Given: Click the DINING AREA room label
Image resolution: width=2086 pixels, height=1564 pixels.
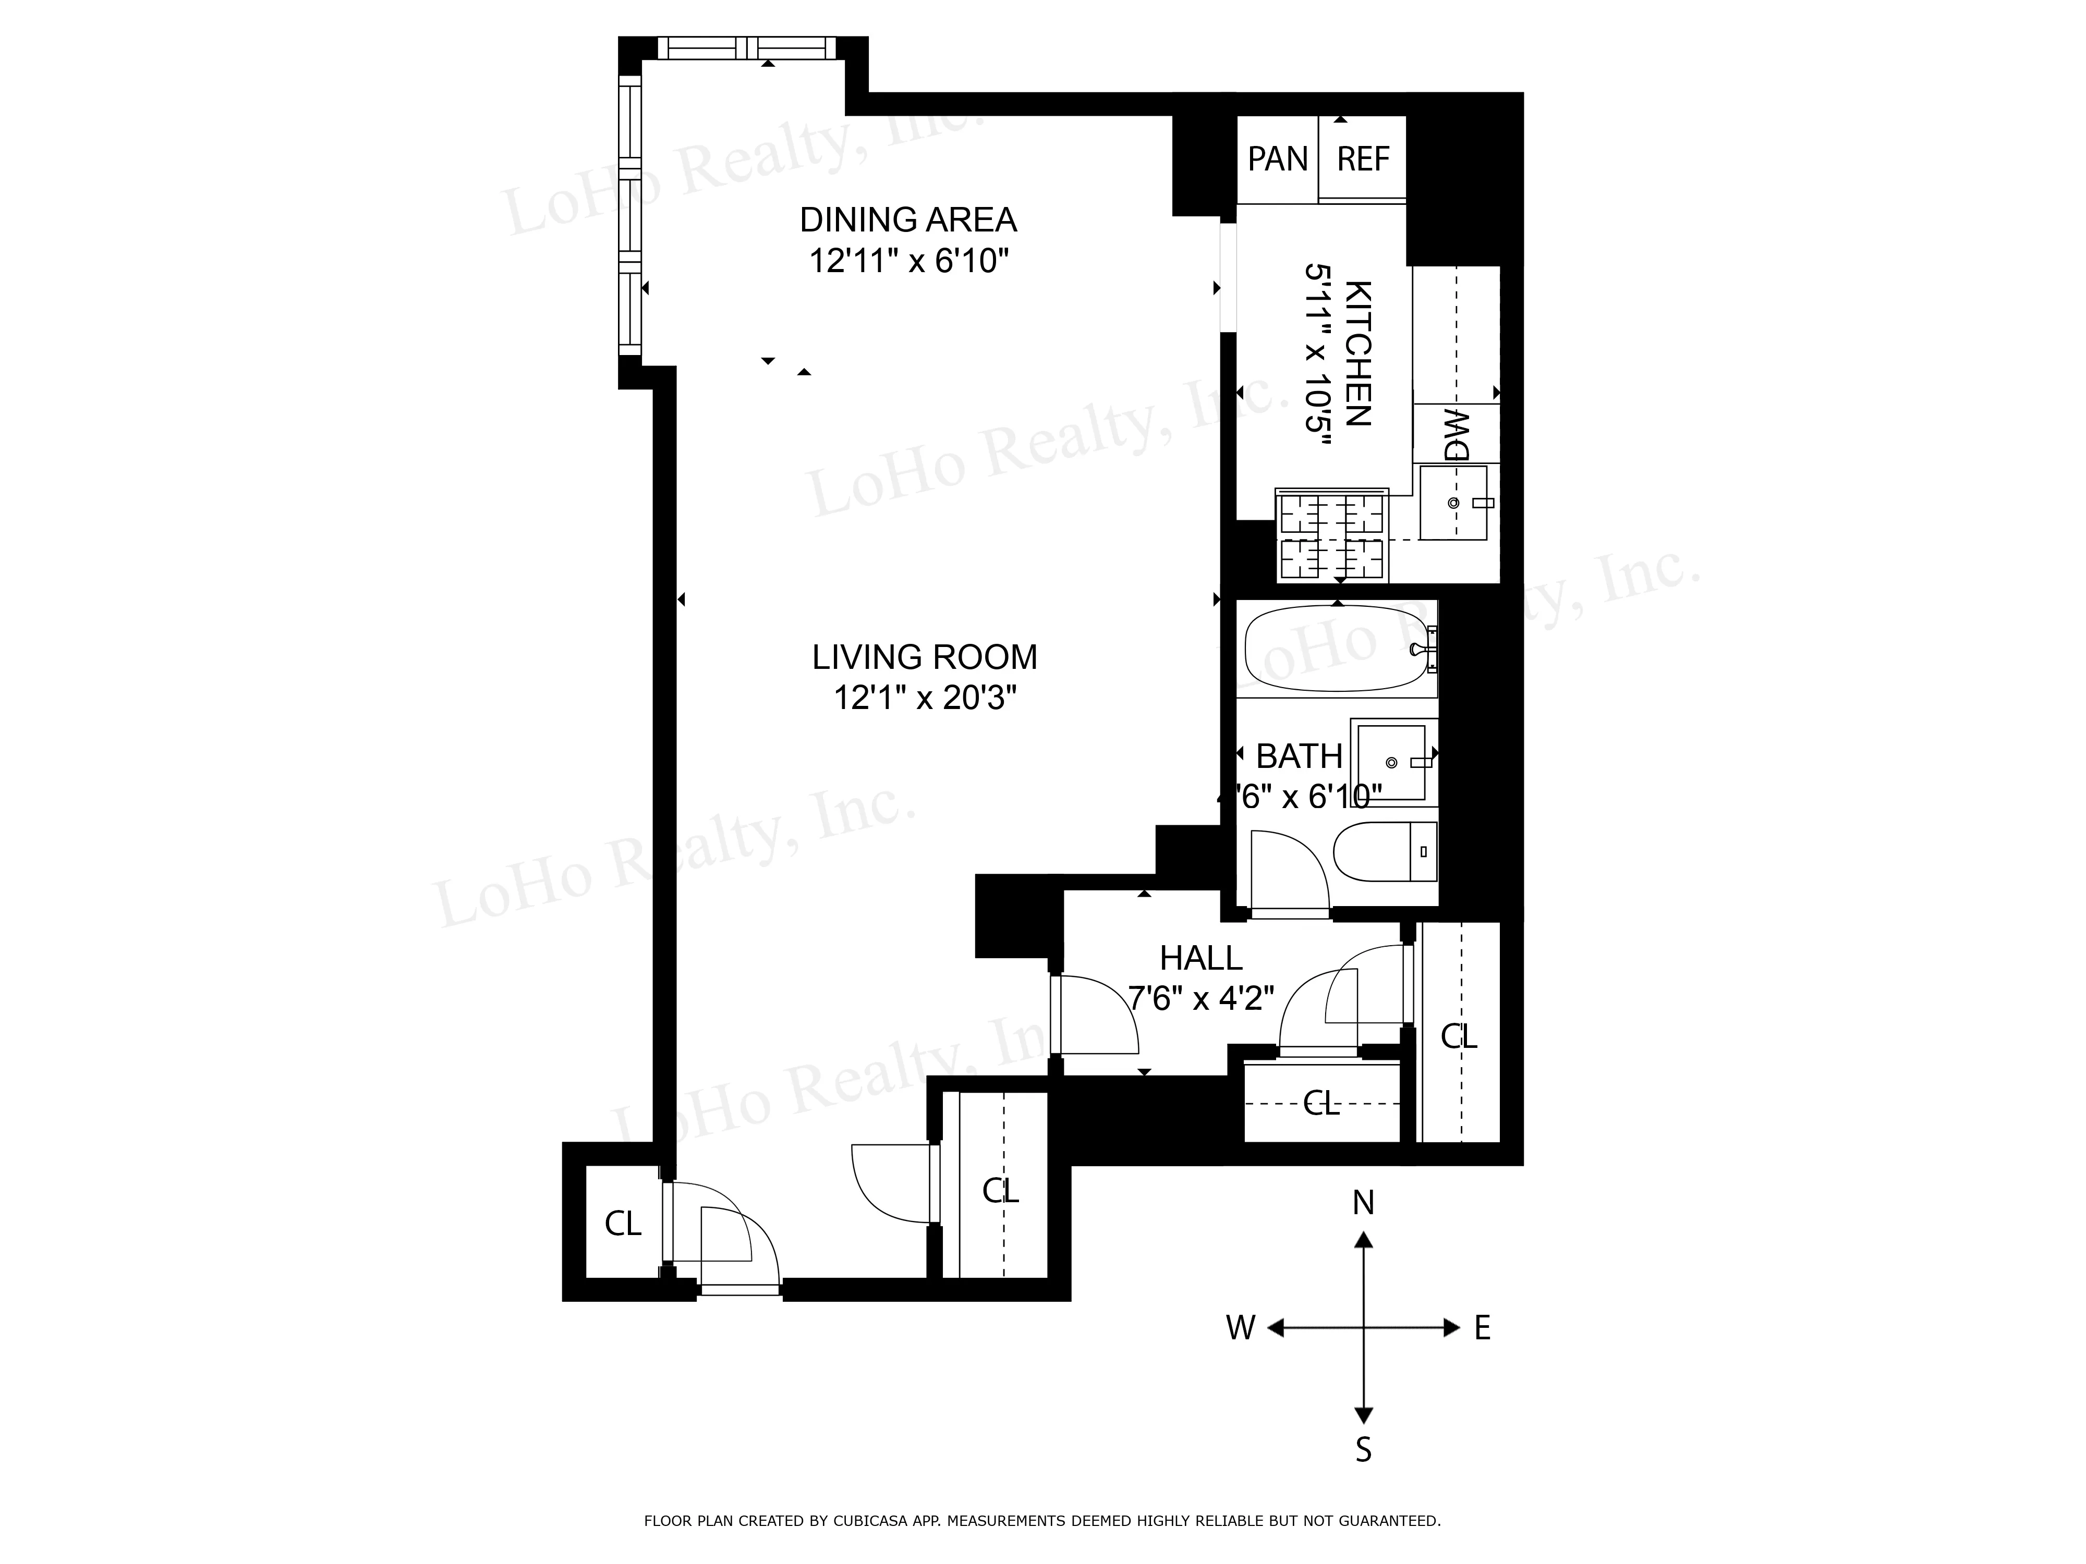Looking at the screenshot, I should click(908, 219).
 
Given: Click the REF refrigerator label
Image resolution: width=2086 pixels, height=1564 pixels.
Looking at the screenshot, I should click(1363, 160).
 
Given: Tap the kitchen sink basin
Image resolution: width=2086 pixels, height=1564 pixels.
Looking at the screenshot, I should click(1453, 503).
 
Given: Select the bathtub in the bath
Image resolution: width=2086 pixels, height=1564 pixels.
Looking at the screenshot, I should click(1337, 649).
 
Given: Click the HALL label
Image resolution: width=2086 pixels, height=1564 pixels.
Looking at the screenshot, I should click(1200, 958).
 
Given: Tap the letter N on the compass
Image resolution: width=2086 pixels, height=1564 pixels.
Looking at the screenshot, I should click(1363, 1203).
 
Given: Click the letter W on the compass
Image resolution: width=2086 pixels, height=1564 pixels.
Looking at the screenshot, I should click(1240, 1328).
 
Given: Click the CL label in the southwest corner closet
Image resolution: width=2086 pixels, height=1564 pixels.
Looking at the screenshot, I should click(622, 1224).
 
